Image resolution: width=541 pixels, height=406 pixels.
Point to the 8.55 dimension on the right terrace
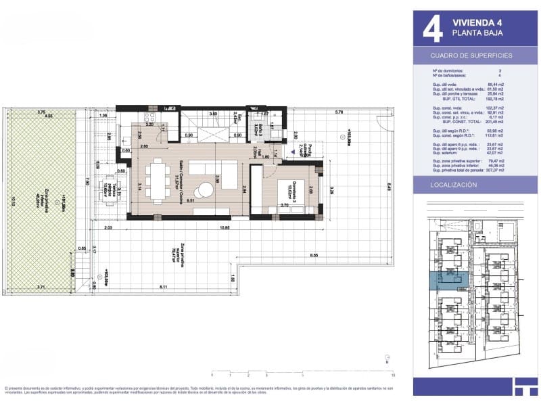[314, 254]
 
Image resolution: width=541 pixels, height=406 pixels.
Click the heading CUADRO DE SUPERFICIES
[471, 55]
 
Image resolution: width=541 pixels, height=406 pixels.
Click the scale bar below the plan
[302, 369]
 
